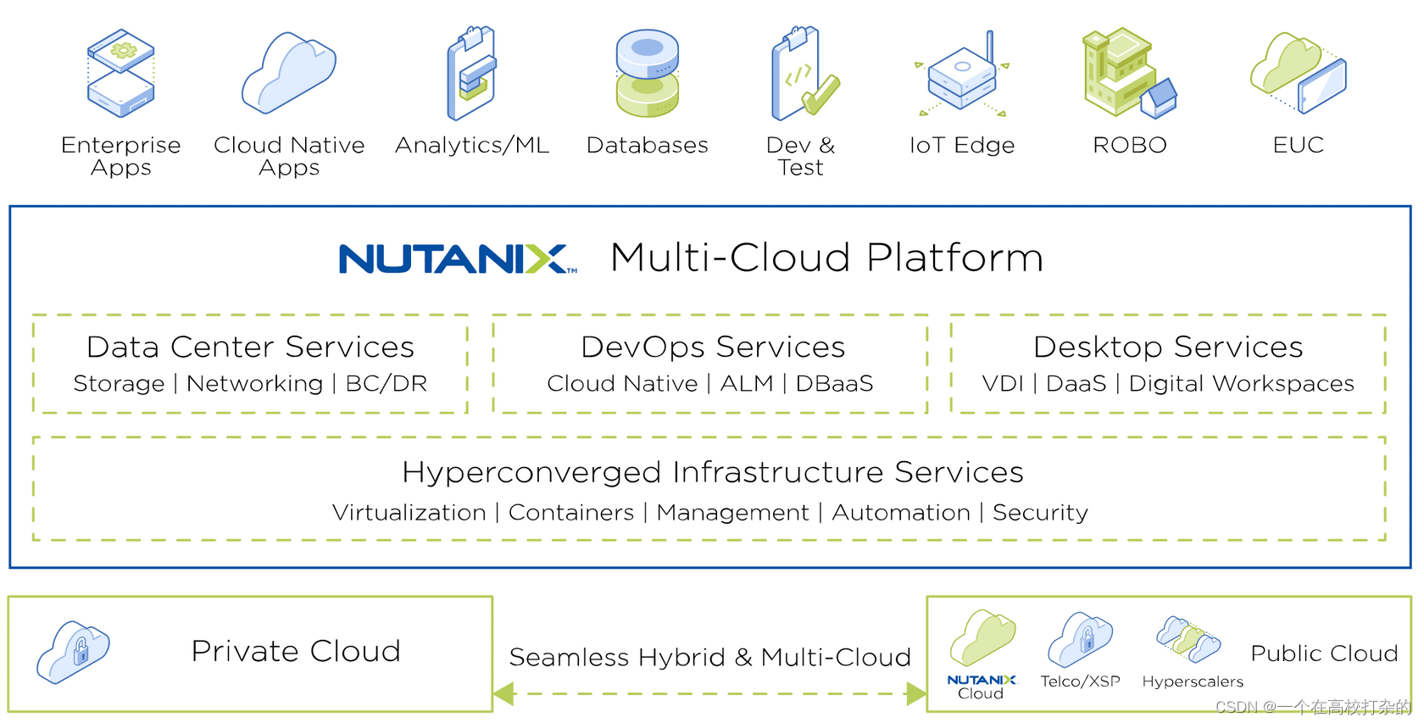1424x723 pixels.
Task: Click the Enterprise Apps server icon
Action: pos(120,74)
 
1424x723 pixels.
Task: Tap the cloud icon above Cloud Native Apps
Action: pos(289,75)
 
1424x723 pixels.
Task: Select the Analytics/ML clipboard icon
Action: pos(472,75)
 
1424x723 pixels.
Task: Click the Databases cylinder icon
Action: pos(648,75)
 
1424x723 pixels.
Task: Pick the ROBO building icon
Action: pos(1128,73)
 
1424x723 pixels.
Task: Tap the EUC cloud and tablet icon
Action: pos(1298,75)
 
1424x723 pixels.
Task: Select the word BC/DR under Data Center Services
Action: pos(387,384)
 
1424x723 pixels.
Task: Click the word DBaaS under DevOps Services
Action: pos(834,384)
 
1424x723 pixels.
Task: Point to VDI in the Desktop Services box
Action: pos(1003,384)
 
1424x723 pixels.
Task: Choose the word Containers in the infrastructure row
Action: pos(571,513)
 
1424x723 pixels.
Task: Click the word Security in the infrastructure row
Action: pos(1040,513)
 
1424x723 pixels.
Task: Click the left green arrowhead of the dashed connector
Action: pos(504,694)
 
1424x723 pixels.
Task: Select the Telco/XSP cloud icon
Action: pos(1080,640)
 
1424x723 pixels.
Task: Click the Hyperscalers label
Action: pos(1193,681)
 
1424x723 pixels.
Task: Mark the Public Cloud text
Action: pos(1324,653)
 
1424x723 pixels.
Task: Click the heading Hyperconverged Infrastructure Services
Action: pos(712,472)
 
